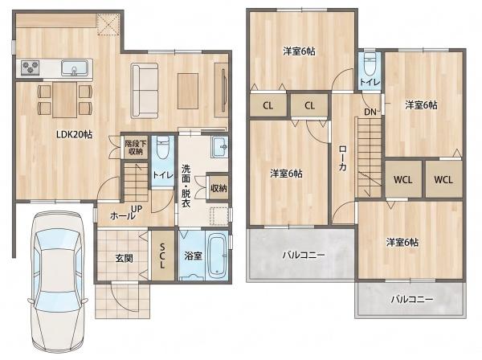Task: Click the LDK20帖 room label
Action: (x=74, y=135)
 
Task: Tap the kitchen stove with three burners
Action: (x=31, y=67)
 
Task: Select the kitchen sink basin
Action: (x=75, y=67)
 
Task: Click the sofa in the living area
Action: (x=145, y=91)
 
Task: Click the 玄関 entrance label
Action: (x=125, y=258)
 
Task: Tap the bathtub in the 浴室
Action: (x=218, y=256)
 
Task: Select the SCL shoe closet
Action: (x=162, y=256)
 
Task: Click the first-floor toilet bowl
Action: (x=162, y=147)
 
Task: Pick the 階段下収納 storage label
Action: (x=136, y=147)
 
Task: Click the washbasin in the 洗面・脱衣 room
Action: (x=219, y=147)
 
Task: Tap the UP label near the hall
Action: (x=137, y=210)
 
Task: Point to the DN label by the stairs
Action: (x=370, y=112)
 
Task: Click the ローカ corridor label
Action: (x=342, y=158)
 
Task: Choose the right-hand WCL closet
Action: (x=443, y=179)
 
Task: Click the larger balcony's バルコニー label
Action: (x=304, y=256)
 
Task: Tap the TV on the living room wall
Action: (x=223, y=90)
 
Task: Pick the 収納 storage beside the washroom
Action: (x=219, y=188)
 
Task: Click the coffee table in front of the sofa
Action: (x=187, y=91)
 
